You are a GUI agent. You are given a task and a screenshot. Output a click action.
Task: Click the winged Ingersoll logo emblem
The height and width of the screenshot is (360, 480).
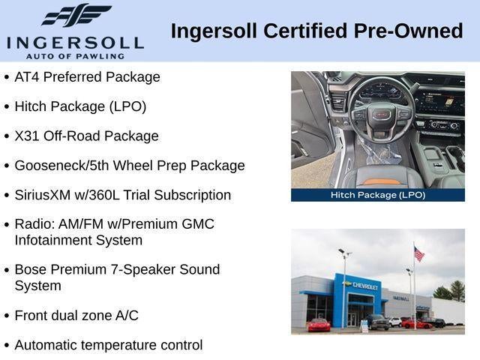click(76, 15)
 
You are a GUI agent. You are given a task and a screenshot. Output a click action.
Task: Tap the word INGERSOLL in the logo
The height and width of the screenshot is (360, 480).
click(75, 43)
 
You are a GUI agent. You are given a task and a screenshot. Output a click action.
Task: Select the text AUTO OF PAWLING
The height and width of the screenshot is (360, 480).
click(75, 56)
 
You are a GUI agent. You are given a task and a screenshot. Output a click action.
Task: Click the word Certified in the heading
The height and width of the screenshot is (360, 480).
click(305, 31)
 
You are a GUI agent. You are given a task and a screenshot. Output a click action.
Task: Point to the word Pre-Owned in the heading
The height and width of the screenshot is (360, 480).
click(408, 31)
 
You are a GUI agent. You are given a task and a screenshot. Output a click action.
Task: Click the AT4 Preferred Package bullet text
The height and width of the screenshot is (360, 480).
click(87, 76)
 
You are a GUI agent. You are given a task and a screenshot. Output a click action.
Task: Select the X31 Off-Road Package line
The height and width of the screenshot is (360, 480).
click(87, 136)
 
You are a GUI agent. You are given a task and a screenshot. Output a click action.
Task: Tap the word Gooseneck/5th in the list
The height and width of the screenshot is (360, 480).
click(61, 166)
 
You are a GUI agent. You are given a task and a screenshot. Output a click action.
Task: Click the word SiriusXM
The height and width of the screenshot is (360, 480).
click(43, 195)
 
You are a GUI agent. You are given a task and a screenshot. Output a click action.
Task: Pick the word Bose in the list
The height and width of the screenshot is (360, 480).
click(31, 270)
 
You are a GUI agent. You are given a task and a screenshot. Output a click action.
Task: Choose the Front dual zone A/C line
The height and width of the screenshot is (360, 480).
click(76, 316)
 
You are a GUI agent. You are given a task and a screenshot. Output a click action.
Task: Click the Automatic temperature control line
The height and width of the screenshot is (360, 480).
click(109, 345)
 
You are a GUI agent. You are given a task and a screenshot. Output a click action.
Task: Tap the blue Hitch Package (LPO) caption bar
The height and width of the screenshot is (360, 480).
click(378, 195)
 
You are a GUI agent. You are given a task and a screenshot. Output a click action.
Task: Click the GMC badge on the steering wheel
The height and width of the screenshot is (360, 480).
click(382, 115)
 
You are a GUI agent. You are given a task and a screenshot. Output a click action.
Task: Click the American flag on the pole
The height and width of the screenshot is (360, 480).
click(419, 253)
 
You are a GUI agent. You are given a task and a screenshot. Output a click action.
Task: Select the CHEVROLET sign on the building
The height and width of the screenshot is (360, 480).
click(365, 286)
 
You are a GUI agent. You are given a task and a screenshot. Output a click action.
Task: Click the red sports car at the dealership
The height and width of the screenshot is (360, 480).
click(319, 325)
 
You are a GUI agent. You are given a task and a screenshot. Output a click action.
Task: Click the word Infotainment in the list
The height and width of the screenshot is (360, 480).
click(55, 240)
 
